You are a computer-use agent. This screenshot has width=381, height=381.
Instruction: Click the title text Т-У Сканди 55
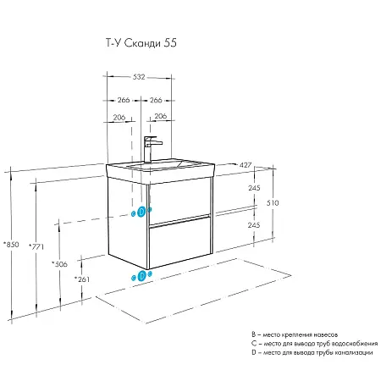(x=141, y=43)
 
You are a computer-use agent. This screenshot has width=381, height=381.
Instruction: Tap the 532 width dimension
(x=139, y=77)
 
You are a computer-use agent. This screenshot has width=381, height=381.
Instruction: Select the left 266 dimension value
(x=124, y=100)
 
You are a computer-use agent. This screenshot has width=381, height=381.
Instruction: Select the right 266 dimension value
(x=156, y=100)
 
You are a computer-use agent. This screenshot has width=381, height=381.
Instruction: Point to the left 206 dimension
(x=119, y=117)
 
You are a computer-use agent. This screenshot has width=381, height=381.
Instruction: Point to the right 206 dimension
(x=161, y=116)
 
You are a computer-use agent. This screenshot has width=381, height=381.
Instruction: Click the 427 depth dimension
(x=246, y=165)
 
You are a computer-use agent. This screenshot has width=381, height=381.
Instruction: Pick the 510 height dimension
(x=273, y=202)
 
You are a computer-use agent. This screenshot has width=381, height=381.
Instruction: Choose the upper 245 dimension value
(x=254, y=188)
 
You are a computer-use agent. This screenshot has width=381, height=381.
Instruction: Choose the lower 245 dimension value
(x=254, y=225)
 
